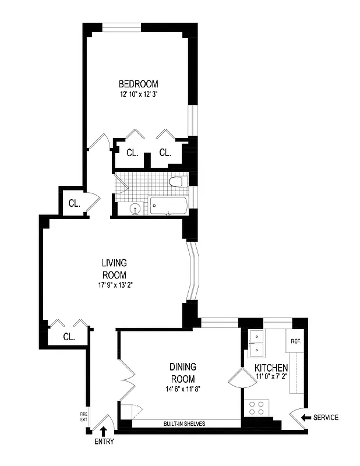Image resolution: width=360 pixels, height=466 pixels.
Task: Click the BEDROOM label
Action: point(138,84)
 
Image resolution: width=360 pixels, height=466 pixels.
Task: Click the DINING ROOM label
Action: point(182,373)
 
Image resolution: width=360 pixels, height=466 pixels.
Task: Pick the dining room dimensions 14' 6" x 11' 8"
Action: point(182,389)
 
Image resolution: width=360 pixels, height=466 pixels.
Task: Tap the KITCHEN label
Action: point(271,368)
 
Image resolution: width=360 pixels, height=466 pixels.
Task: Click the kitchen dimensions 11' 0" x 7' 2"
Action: point(271,377)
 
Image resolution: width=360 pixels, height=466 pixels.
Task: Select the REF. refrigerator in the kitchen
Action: point(296,341)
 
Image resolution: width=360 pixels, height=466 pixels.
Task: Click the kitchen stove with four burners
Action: point(257,406)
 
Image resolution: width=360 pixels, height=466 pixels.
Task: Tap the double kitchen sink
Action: point(257,344)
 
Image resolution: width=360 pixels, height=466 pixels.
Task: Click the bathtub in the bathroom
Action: point(169,206)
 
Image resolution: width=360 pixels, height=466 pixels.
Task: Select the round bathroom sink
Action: point(136,208)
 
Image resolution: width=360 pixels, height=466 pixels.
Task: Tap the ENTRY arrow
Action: point(104,431)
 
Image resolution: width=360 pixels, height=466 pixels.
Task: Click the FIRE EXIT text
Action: point(83,416)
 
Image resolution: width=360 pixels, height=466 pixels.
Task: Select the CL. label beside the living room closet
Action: point(69,337)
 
